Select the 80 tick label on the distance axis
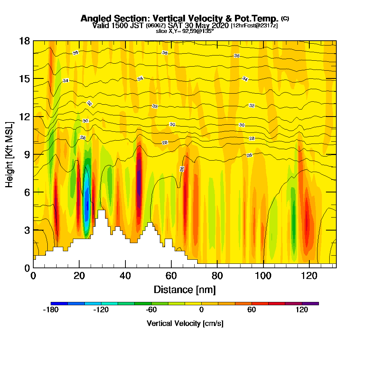218,276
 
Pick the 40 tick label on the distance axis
125,276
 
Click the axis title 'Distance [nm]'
185,289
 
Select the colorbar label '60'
252,310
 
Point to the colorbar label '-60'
151,310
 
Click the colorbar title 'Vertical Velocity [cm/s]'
185,323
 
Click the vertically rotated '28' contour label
182,169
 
